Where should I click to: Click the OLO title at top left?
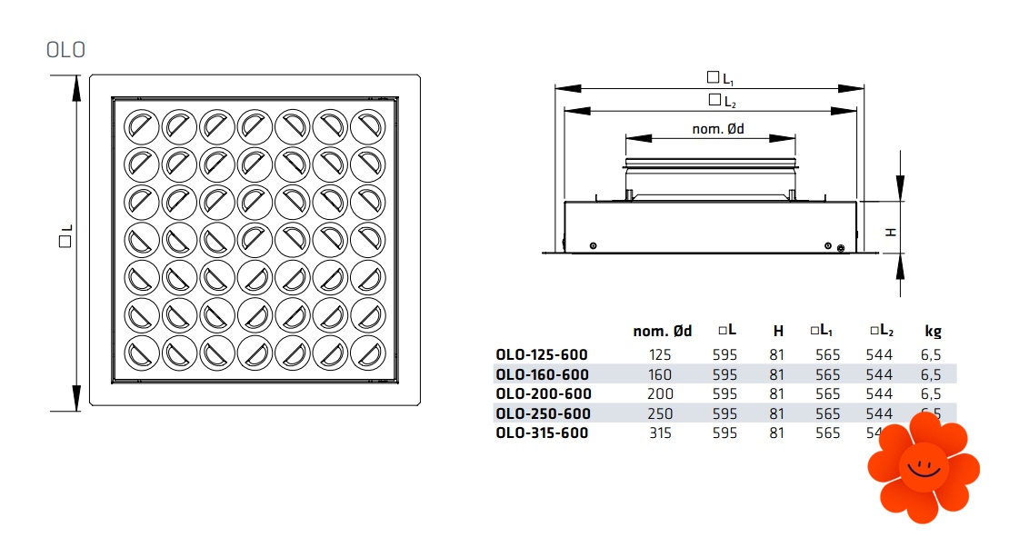(x=65, y=50)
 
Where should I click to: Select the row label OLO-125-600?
(x=542, y=354)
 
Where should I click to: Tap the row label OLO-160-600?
(x=542, y=374)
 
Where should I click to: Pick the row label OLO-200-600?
(x=544, y=393)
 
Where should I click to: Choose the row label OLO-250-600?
(x=543, y=413)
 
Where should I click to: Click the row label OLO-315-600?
(x=542, y=433)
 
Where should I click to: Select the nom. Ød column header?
(x=662, y=332)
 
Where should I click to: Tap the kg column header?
(x=933, y=332)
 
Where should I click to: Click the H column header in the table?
(x=777, y=332)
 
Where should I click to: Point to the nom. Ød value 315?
(x=661, y=433)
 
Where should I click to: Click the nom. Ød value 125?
(x=661, y=354)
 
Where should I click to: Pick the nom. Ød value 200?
(x=661, y=393)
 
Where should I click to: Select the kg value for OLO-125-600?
(x=932, y=354)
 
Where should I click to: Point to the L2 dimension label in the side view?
(x=723, y=100)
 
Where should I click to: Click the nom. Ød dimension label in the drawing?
(x=718, y=129)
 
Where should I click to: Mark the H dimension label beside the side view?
(x=892, y=231)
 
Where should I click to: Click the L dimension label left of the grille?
(x=65, y=241)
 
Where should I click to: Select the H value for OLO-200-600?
(x=776, y=393)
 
